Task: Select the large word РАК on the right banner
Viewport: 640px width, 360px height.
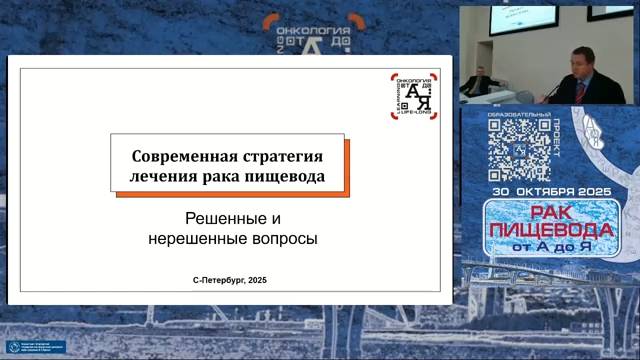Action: coord(553,212)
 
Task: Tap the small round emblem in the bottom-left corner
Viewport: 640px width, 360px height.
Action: coord(14,347)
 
